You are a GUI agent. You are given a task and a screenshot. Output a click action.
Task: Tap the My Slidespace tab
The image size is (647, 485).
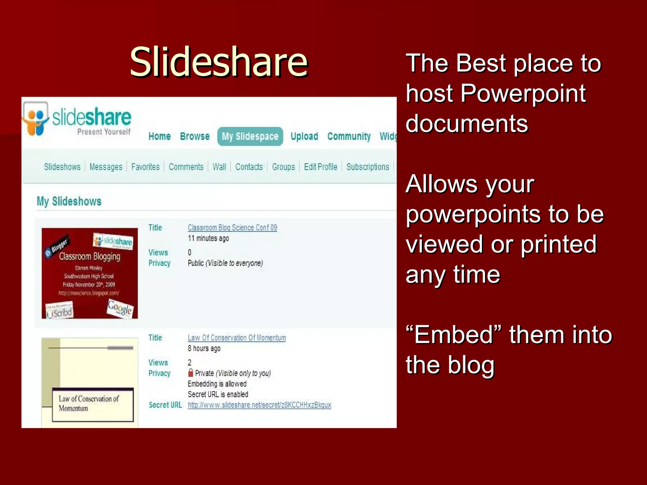point(250,136)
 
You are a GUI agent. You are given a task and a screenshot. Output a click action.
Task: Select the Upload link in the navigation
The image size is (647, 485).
point(304,136)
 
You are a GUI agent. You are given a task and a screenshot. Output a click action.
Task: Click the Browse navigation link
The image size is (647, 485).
point(195,136)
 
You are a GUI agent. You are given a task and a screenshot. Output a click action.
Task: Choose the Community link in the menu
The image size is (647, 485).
point(349,136)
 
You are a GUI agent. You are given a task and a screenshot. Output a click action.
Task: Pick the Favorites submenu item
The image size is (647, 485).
point(145,167)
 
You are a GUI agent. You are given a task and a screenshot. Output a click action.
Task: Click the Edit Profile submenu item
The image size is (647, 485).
point(320,167)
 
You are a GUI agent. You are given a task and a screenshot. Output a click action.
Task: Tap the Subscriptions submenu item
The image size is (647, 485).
point(367,167)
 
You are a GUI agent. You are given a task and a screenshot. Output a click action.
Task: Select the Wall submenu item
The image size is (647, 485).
point(219,167)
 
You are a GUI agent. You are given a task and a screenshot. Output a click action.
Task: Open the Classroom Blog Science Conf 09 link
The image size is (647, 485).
point(232,228)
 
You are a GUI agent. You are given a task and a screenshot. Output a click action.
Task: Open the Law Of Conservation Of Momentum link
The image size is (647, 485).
point(237,338)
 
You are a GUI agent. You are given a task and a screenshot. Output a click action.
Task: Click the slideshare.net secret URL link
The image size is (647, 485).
point(259,405)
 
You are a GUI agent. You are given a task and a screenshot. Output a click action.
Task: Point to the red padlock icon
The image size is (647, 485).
point(190,373)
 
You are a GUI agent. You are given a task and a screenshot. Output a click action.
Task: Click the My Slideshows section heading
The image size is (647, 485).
point(69,201)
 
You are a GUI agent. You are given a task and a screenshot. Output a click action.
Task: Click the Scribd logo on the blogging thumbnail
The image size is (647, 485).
point(60,311)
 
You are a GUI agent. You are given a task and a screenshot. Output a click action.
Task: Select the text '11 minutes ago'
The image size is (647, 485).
point(208,238)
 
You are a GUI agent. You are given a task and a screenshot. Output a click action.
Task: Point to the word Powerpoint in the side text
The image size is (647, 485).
point(523,93)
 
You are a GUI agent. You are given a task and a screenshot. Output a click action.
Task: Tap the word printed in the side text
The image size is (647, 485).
point(558,244)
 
